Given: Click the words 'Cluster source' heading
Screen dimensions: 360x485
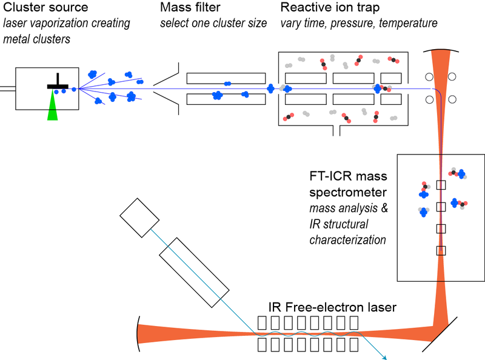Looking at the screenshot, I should [45, 8].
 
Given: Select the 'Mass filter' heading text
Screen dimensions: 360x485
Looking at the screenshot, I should [190, 8].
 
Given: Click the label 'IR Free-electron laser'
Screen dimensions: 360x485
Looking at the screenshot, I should [332, 307].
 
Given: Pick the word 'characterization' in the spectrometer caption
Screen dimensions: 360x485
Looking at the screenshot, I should [347, 240].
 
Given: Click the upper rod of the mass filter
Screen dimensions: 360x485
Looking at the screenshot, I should [226, 78].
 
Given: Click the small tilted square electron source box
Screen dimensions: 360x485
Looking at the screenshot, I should [139, 217].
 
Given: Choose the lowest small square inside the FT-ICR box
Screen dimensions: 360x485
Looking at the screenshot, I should [441, 251].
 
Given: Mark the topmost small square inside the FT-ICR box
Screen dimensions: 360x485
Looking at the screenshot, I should [441, 184].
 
